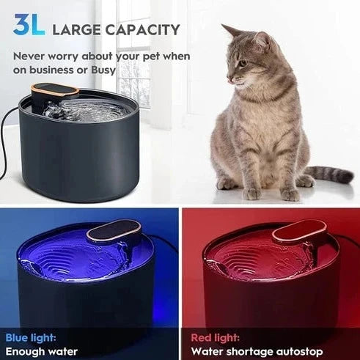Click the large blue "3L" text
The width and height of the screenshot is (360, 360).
(27, 25)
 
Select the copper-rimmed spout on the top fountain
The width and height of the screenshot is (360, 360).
(55, 92)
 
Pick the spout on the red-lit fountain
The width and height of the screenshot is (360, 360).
(299, 234)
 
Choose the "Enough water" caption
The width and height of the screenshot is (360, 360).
(42, 351)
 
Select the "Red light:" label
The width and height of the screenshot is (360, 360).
(216, 337)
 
